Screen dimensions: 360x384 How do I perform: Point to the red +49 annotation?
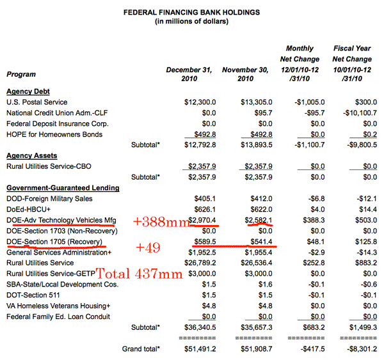[x=146, y=246]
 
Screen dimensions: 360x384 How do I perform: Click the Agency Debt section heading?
[x=28, y=91]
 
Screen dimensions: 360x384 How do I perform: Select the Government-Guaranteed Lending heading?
[x=62, y=187]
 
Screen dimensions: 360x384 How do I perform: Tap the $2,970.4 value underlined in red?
[x=202, y=220]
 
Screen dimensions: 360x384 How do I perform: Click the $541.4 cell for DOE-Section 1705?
[x=257, y=242]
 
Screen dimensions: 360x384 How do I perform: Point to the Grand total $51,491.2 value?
[x=198, y=349]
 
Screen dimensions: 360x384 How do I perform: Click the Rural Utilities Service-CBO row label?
[x=46, y=166]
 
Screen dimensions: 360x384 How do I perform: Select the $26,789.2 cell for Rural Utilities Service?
[x=200, y=263]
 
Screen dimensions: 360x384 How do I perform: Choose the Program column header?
[x=21, y=75]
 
